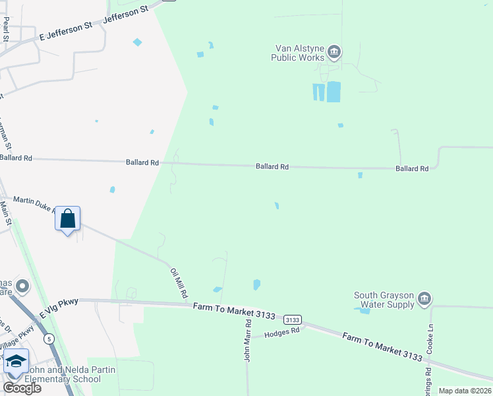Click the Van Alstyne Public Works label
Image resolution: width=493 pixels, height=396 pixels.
click(x=298, y=53)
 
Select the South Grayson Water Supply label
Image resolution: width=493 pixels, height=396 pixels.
click(x=384, y=300)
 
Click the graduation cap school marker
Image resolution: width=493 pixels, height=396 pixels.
click(x=16, y=362)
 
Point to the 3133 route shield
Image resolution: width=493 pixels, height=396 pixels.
click(x=293, y=319)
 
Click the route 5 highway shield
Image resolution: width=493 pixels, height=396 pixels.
click(x=49, y=339)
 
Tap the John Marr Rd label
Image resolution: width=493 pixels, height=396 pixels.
click(x=248, y=341)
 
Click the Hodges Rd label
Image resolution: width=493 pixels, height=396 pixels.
click(x=281, y=334)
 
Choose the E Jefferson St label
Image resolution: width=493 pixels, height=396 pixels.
click(x=67, y=30)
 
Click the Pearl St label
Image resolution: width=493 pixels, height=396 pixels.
click(x=6, y=30)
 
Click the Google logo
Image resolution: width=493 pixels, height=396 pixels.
click(x=22, y=388)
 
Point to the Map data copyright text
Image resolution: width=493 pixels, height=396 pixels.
click(x=465, y=391)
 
